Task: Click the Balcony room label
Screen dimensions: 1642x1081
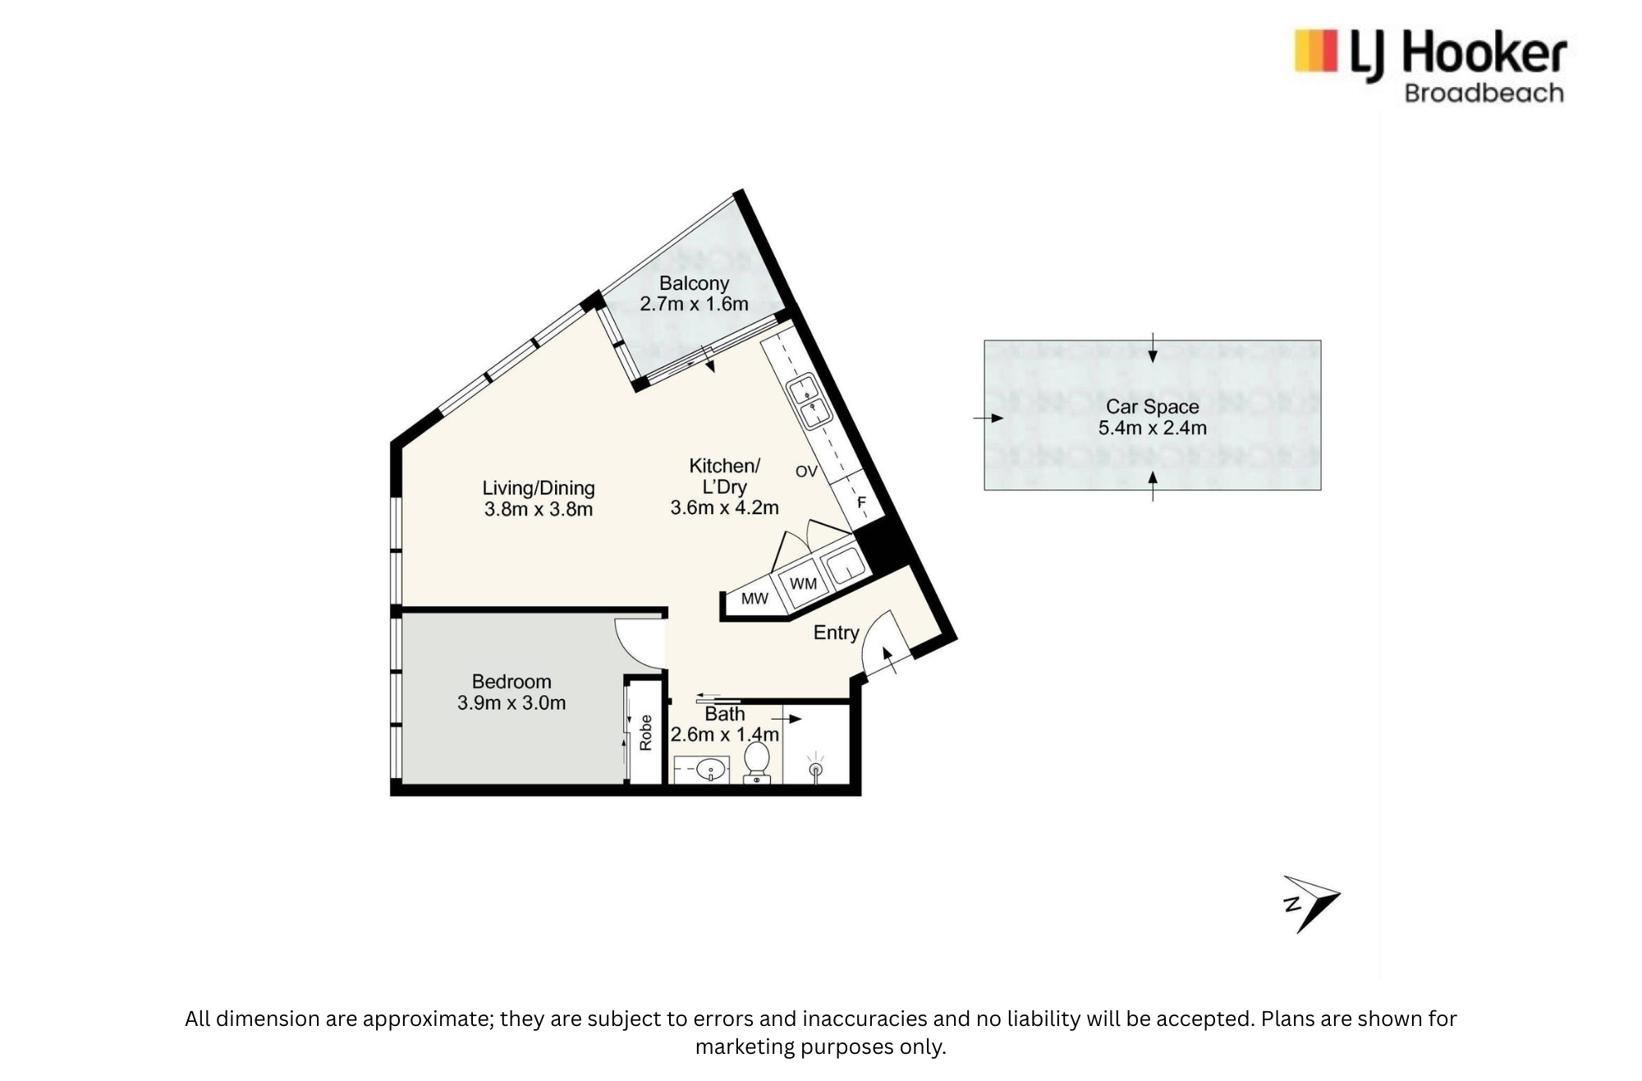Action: [694, 283]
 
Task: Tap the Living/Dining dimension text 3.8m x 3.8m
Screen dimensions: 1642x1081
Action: [539, 509]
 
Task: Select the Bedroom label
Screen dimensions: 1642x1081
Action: [511, 682]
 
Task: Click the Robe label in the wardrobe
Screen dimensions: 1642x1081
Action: [645, 733]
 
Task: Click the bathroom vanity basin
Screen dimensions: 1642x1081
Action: [710, 770]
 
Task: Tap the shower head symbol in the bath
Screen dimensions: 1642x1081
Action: [815, 766]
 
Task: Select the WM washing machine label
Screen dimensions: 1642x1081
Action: [803, 583]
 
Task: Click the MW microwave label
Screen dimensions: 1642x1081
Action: [754, 599]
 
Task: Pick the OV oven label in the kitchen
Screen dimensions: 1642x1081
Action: [806, 471]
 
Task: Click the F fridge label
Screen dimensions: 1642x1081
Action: [862, 502]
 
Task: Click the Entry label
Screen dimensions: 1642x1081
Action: [836, 632]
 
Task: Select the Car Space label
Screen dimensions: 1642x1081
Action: [1153, 407]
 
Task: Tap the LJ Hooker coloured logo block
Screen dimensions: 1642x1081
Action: [1315, 51]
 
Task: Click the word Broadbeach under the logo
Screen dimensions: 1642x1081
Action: [1484, 93]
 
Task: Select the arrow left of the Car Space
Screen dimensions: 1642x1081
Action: [988, 418]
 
